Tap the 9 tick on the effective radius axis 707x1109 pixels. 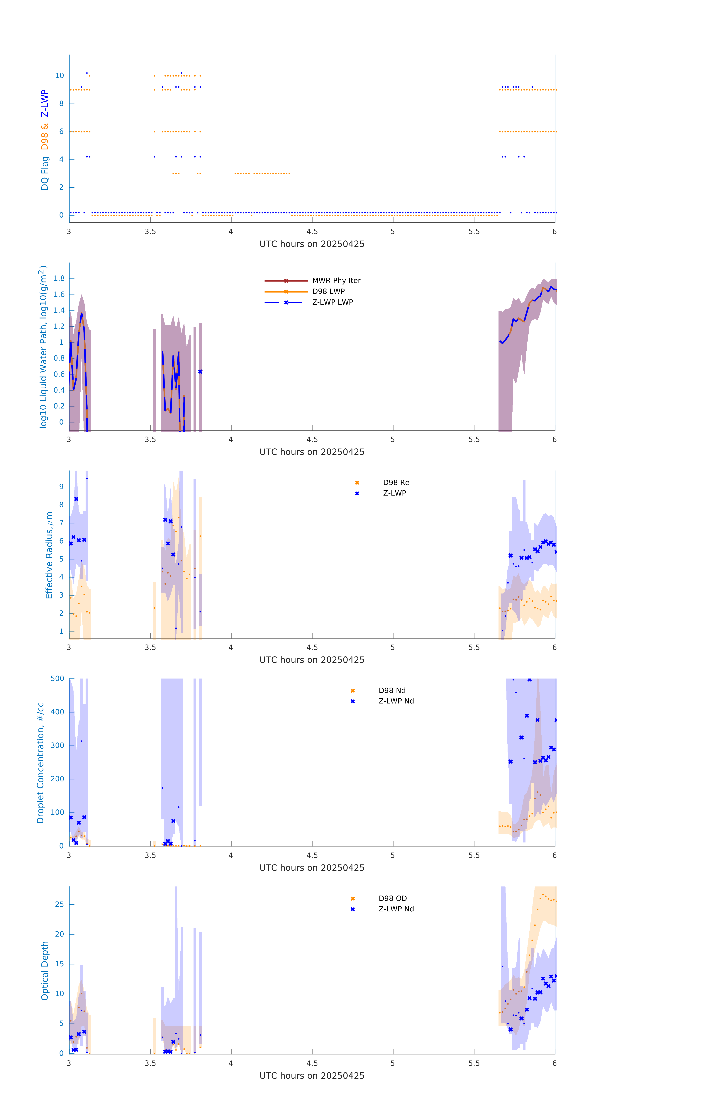click(61, 487)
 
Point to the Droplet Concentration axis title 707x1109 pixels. click(40, 763)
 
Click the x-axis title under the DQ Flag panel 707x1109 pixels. click(312, 244)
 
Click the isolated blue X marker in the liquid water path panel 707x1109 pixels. click(200, 372)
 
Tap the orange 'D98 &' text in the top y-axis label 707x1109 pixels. click(45, 137)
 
